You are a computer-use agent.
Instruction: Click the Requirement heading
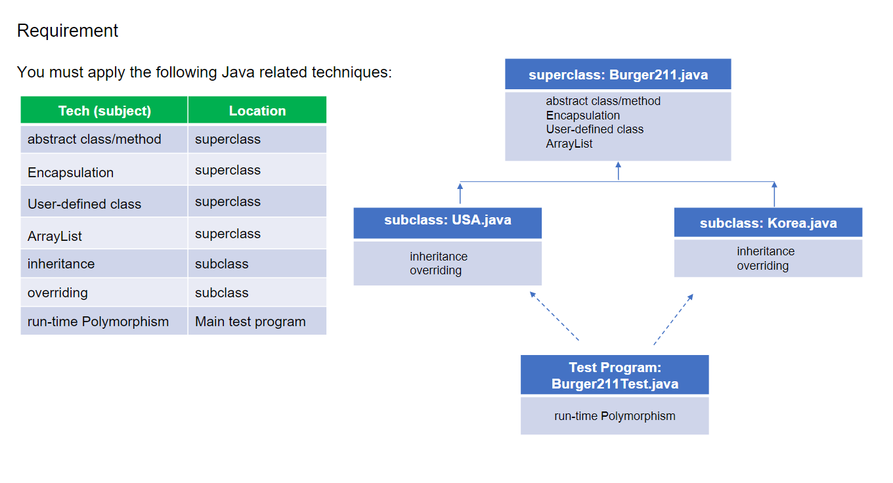tap(68, 31)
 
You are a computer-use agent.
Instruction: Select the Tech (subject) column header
tap(104, 110)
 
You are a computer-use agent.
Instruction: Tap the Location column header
tap(257, 110)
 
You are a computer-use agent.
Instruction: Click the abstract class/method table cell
tap(104, 139)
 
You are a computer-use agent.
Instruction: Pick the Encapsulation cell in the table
tap(104, 170)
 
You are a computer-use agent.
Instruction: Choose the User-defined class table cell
tap(104, 201)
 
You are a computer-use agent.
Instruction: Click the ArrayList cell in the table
tap(104, 234)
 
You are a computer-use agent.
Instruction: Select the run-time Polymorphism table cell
tap(104, 321)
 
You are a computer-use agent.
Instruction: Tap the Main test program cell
tap(257, 321)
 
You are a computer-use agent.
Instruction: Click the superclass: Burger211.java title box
tap(618, 74)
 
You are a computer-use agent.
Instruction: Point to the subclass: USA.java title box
tap(447, 222)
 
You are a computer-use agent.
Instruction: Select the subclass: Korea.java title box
tap(768, 222)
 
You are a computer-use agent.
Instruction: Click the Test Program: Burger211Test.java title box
tap(615, 375)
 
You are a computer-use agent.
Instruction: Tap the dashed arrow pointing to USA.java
tap(554, 316)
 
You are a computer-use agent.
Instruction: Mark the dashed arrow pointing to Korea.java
tap(673, 319)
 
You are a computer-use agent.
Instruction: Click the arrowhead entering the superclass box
tap(619, 165)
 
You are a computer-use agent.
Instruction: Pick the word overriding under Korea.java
tap(762, 266)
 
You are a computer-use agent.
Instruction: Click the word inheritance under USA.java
tap(439, 256)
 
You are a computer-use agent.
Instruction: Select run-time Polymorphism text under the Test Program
tap(615, 416)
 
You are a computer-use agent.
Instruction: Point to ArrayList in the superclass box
tap(569, 144)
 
